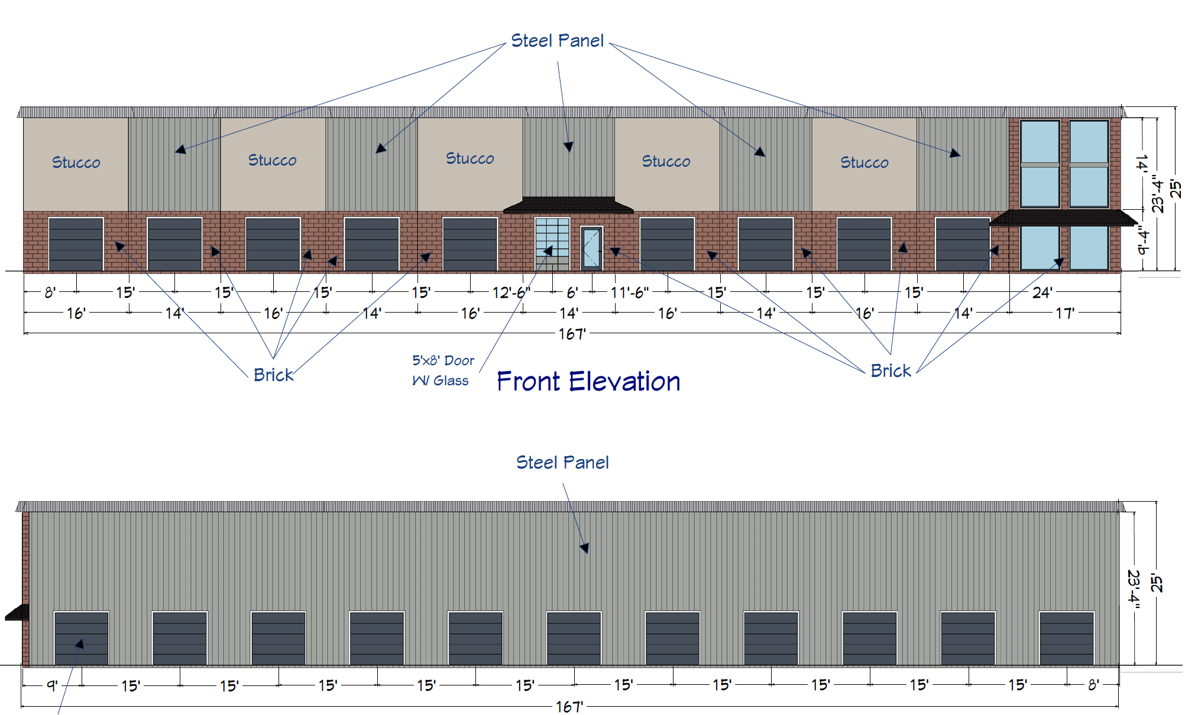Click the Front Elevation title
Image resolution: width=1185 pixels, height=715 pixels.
(x=588, y=382)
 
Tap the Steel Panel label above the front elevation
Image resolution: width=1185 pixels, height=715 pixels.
(x=557, y=41)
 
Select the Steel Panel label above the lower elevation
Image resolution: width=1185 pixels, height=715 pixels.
(x=562, y=463)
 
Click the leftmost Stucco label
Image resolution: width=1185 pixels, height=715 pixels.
(x=76, y=162)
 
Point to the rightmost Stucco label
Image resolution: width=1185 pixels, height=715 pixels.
(x=864, y=162)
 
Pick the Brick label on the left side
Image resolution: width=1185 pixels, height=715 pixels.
(x=273, y=375)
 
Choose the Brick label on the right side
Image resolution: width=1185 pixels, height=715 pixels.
(x=891, y=371)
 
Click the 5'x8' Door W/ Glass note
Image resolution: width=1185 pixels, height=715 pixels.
(x=442, y=370)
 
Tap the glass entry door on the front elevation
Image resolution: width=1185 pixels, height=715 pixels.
(x=591, y=248)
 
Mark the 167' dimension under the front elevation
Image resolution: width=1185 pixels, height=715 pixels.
(x=572, y=334)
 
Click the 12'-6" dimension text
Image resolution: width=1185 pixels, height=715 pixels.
(x=511, y=292)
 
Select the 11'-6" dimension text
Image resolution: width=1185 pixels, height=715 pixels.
(x=630, y=292)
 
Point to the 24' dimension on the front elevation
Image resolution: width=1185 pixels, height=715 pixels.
(x=1042, y=292)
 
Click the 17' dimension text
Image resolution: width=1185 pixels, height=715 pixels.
(x=1064, y=313)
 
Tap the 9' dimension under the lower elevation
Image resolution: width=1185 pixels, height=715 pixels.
(x=52, y=685)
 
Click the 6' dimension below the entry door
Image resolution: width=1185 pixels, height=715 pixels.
(x=572, y=292)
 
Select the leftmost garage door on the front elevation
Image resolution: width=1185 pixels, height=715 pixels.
(x=76, y=244)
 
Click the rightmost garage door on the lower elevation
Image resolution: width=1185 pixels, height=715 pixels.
(x=1067, y=638)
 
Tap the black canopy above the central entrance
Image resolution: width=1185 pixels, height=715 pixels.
(x=568, y=205)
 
